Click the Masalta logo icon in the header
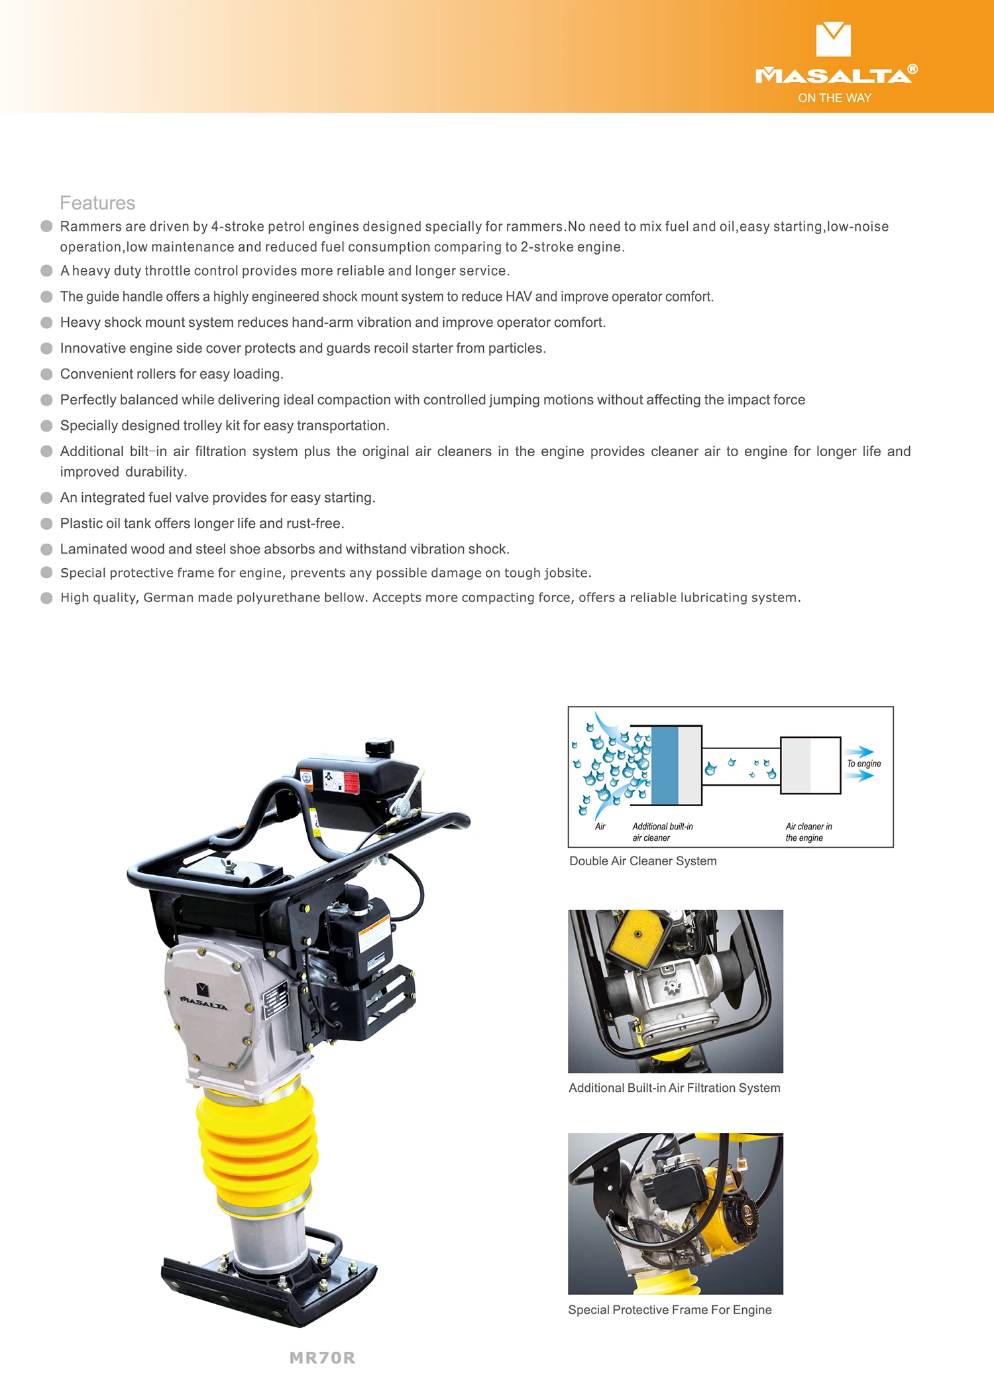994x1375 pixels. tap(833, 39)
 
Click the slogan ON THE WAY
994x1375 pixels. tap(834, 98)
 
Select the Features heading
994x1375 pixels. tap(97, 203)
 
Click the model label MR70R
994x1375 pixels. tap(322, 1358)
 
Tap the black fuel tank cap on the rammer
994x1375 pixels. tap(380, 747)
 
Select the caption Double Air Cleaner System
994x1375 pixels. tap(643, 861)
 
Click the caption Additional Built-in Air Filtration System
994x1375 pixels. tap(674, 1088)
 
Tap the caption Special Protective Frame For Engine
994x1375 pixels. tap(669, 1309)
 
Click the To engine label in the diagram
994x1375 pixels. tap(864, 764)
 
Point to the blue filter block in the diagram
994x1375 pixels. tap(665, 765)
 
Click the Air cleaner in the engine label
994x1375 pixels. tap(808, 832)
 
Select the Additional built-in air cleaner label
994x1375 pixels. tap(662, 832)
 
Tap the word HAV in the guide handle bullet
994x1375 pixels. tap(518, 296)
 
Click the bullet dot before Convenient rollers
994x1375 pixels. tap(46, 374)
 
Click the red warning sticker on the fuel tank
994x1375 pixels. tap(351, 782)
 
